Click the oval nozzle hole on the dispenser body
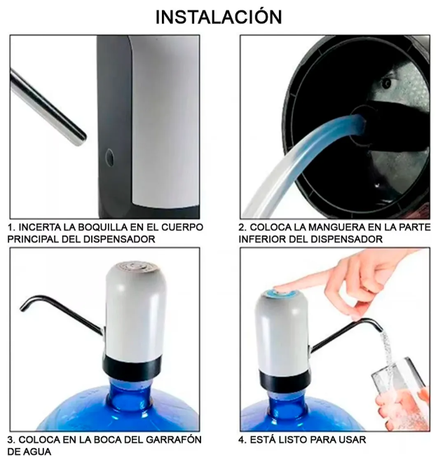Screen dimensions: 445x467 point(109,157)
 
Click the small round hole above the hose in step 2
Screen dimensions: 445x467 point(387,83)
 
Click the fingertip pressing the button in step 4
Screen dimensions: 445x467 point(278,288)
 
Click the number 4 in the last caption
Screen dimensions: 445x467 point(241,440)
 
